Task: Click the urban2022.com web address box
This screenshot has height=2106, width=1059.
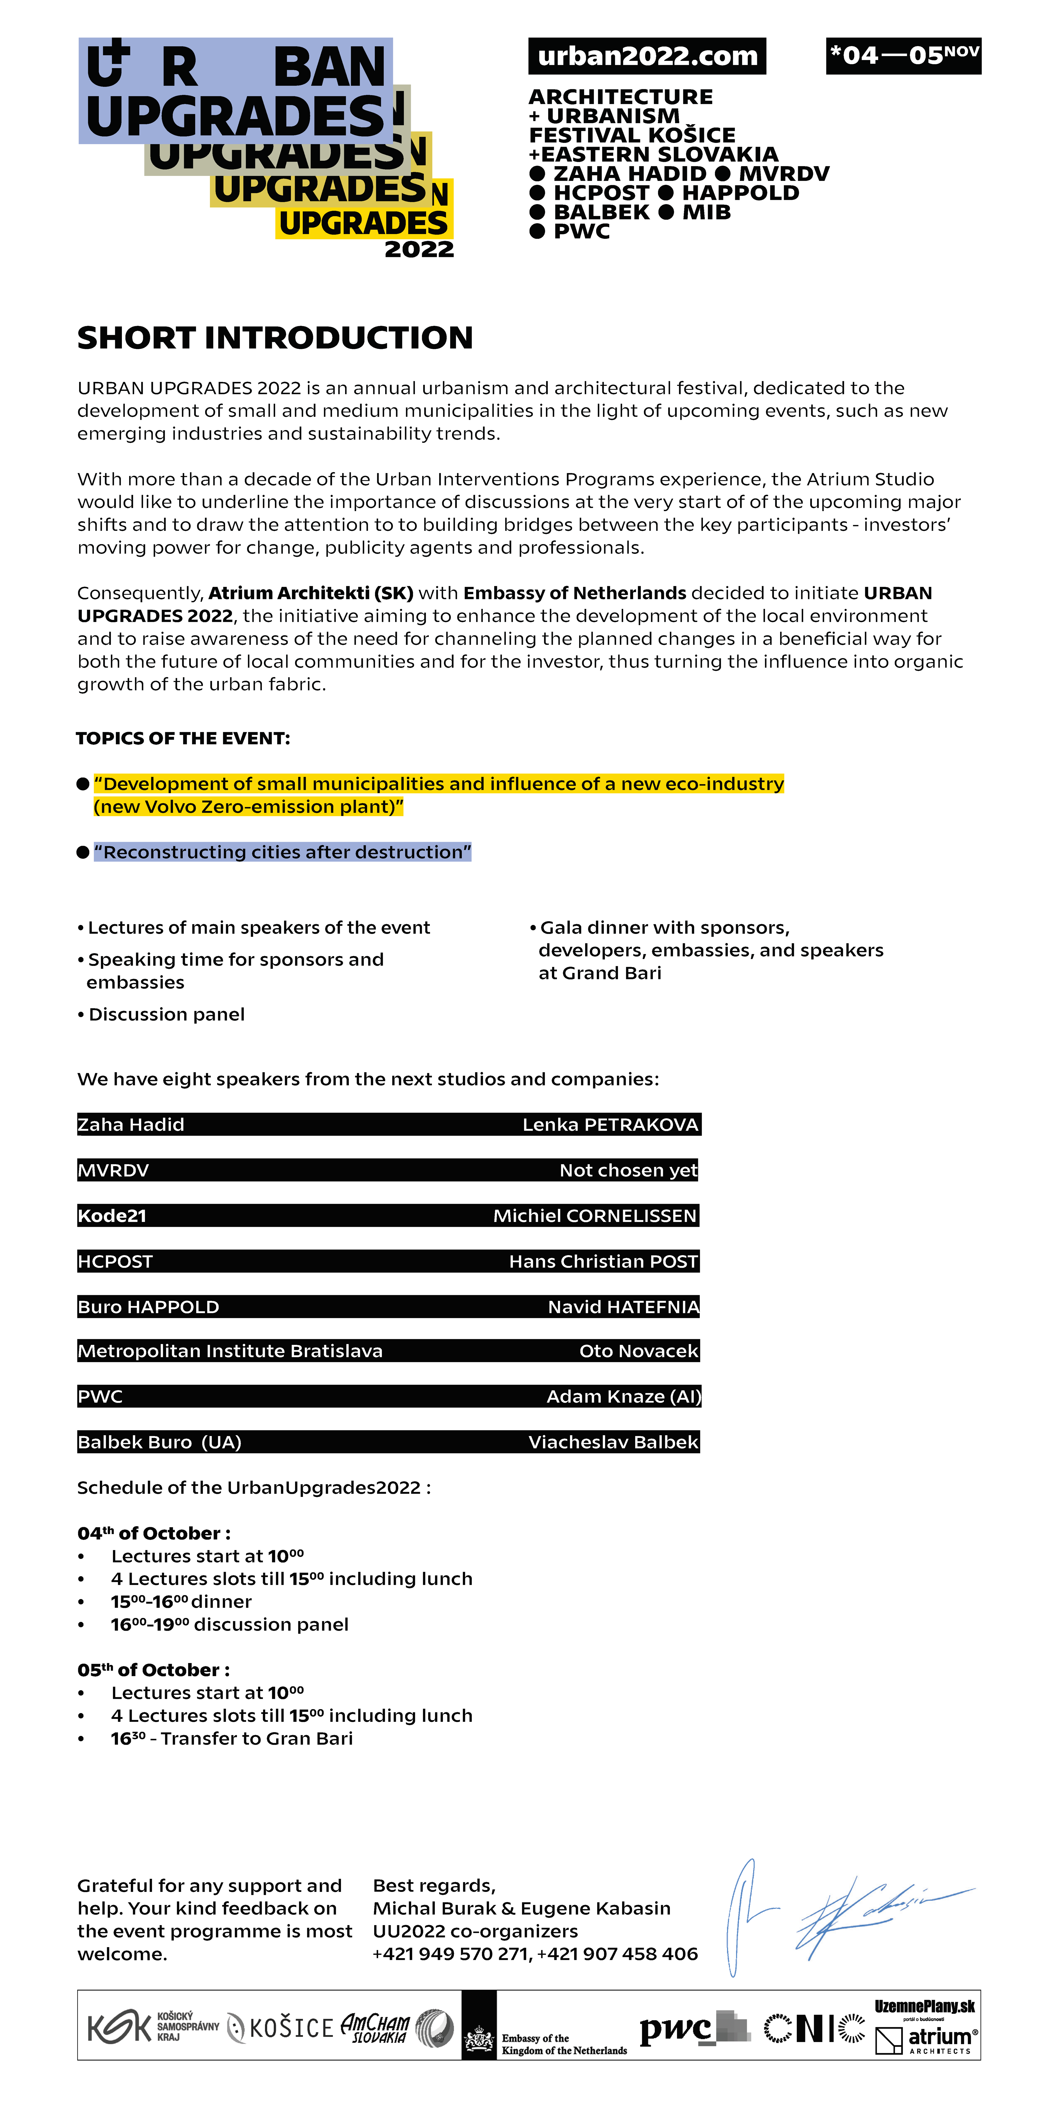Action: (x=647, y=56)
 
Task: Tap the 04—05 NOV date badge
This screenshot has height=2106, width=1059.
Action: (x=903, y=56)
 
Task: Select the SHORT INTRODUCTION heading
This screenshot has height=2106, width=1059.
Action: (x=275, y=338)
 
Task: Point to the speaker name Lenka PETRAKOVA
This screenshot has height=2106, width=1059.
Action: (x=610, y=1125)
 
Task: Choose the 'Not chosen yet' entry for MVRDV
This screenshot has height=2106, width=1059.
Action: (x=628, y=1171)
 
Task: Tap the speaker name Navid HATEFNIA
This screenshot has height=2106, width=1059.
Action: (x=623, y=1307)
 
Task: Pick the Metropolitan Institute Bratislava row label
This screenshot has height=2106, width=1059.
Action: (x=230, y=1351)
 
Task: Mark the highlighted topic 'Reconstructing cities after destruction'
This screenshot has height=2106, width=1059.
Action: (x=282, y=853)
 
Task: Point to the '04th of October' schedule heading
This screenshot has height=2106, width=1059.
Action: (x=154, y=1534)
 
